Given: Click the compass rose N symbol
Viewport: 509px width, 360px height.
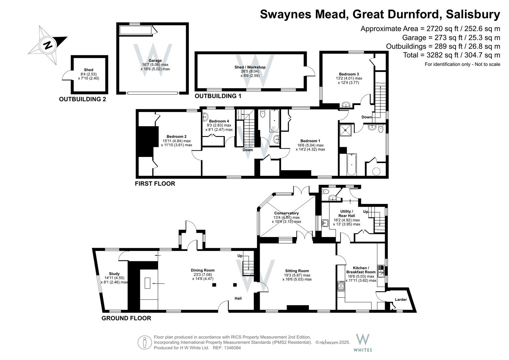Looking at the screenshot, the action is pyautogui.click(x=48, y=45).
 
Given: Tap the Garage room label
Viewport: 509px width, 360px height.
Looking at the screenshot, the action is pyautogui.click(x=155, y=60).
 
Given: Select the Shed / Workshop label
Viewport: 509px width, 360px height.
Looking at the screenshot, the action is pyautogui.click(x=250, y=67).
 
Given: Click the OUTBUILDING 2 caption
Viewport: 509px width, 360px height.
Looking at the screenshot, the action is pyautogui.click(x=82, y=99).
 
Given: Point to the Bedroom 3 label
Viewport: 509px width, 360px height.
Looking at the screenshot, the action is pyautogui.click(x=349, y=74).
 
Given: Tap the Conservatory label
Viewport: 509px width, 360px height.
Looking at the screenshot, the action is pyautogui.click(x=286, y=213).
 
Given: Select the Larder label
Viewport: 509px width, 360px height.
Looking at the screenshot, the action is pyautogui.click(x=401, y=300).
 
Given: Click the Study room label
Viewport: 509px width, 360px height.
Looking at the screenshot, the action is pyautogui.click(x=114, y=274).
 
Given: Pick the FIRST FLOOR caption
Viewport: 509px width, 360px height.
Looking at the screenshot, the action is pyautogui.click(x=155, y=184).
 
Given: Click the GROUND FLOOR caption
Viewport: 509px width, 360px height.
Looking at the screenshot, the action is pyautogui.click(x=126, y=318).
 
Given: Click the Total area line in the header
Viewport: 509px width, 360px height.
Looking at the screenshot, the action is pyautogui.click(x=452, y=55).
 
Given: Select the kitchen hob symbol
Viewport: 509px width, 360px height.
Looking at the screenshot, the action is pyautogui.click(x=341, y=286).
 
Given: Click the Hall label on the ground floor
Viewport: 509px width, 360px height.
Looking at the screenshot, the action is pyautogui.click(x=238, y=298).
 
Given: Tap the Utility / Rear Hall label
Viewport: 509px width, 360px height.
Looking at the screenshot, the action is pyautogui.click(x=347, y=214).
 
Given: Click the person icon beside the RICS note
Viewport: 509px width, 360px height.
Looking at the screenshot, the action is pyautogui.click(x=145, y=343).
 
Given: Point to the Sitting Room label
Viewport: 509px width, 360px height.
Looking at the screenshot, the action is pyautogui.click(x=297, y=271).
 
